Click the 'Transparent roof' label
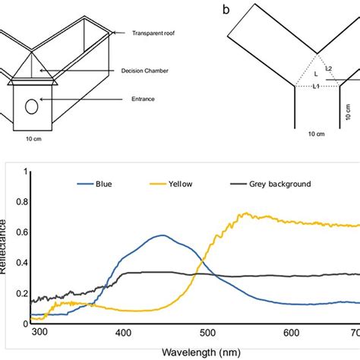155,33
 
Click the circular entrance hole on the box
32,106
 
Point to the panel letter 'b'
225,10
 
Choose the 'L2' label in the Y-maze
328,68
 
